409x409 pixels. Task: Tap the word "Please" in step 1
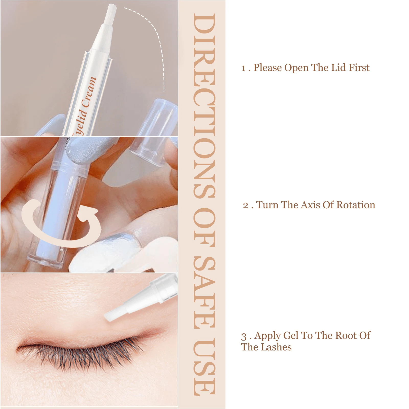[268, 68]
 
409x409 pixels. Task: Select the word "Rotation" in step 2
[356, 205]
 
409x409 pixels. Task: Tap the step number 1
[244, 68]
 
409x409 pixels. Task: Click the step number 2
[246, 205]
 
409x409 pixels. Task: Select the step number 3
[244, 336]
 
